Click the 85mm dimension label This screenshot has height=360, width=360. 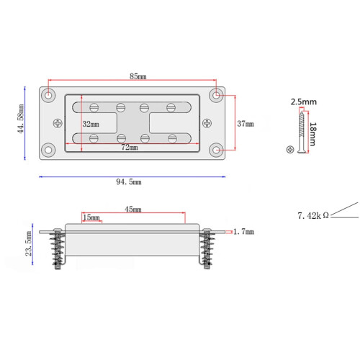(138, 76)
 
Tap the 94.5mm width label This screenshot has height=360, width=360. (129, 181)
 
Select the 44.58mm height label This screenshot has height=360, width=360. (21, 119)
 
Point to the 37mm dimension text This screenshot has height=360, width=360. (246, 124)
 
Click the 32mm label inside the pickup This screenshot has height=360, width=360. (91, 124)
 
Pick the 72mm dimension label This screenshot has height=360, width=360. (130, 147)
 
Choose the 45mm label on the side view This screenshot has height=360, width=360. (133, 210)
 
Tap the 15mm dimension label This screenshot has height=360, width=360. (91, 217)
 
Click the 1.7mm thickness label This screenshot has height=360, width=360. (244, 232)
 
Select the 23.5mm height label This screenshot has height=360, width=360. (29, 243)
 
